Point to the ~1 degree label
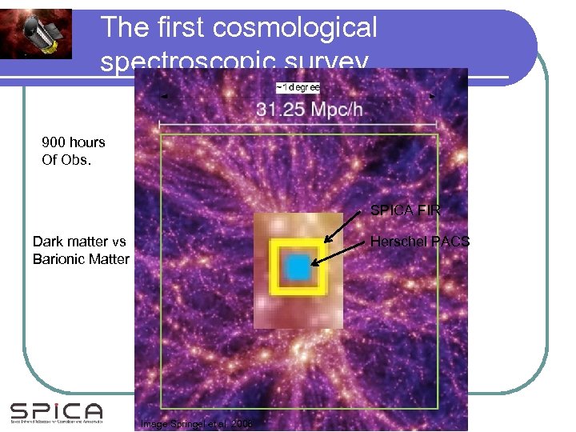click(298, 86)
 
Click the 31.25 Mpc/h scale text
click(298, 109)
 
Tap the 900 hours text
click(74, 142)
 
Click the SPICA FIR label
click(405, 211)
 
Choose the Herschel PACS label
click(420, 242)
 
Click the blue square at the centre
click(298, 267)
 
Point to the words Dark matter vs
click(79, 242)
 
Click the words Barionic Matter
click(81, 259)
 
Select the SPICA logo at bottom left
click(56, 412)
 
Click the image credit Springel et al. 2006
click(196, 423)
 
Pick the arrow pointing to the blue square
click(339, 252)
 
